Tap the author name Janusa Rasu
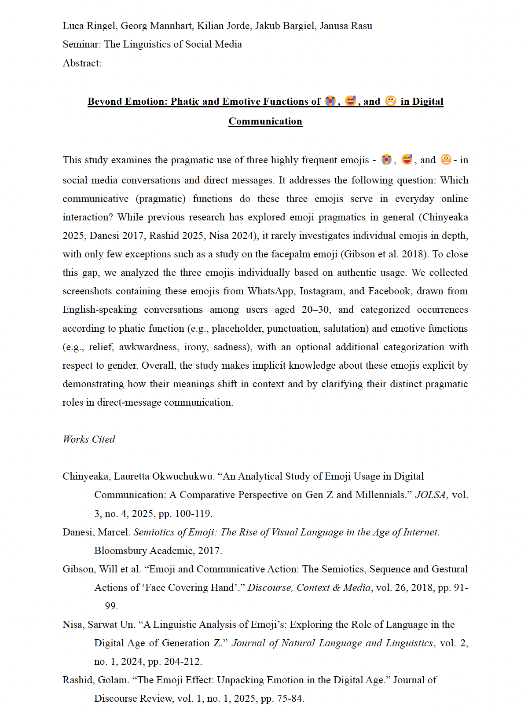coord(346,26)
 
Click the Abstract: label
coord(82,63)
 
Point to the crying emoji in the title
coord(330,101)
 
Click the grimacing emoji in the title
coord(390,101)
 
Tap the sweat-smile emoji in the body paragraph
coord(407,159)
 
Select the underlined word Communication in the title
coord(265,121)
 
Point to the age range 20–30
coord(315,310)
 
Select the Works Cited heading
coord(89,440)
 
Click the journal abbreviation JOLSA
coord(430,495)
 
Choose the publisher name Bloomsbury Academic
coord(143,551)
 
